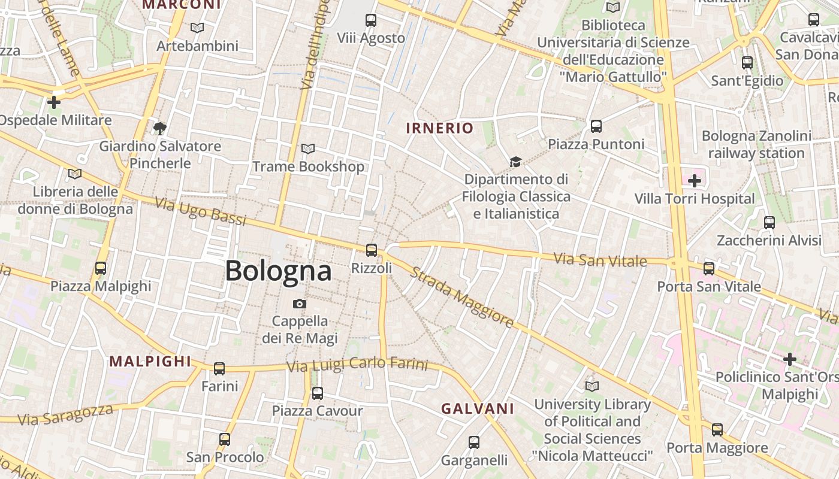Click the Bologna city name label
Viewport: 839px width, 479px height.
click(278, 271)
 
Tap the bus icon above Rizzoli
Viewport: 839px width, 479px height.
click(372, 250)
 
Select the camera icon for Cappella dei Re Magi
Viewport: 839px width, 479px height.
click(300, 304)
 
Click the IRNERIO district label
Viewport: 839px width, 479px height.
click(440, 128)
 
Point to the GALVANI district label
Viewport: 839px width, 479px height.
click(478, 408)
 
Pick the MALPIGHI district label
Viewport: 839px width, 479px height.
click(150, 361)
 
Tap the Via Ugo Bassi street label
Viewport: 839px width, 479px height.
click(200, 211)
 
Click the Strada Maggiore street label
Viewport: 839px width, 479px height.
click(461, 297)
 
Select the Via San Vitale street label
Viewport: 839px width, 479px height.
click(600, 260)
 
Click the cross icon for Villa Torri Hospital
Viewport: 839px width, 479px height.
click(695, 180)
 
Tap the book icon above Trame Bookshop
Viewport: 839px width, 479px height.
click(308, 148)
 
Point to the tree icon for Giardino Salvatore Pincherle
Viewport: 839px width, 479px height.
click(159, 128)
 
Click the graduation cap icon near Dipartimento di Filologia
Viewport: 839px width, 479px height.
click(515, 162)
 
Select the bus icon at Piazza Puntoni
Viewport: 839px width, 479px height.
click(596, 126)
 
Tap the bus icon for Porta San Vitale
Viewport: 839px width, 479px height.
click(709, 268)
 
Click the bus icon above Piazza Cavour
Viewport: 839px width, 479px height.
click(318, 393)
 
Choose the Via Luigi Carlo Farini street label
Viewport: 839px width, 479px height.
click(357, 365)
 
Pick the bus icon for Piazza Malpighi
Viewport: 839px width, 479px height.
click(101, 268)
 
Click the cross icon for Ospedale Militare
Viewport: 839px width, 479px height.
click(54, 102)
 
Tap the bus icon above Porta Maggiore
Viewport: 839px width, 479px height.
click(717, 430)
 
